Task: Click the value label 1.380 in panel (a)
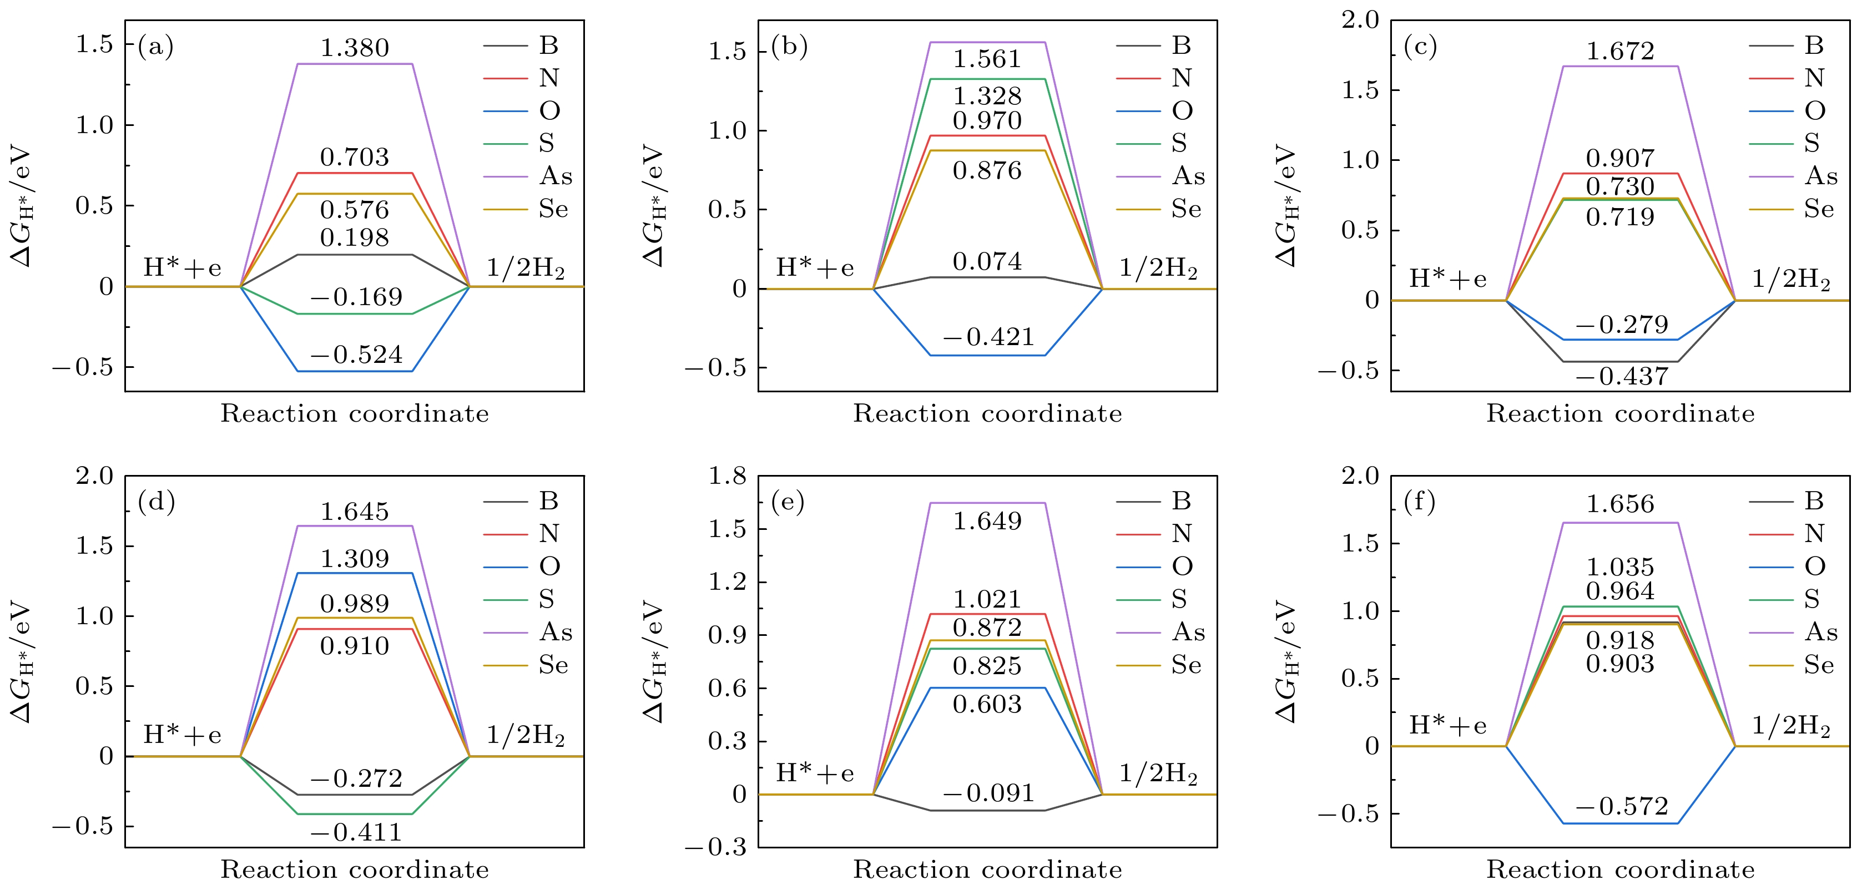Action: (x=354, y=48)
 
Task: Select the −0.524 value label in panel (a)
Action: (x=356, y=355)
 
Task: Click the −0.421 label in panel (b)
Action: (x=988, y=337)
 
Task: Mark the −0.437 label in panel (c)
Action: (x=1622, y=376)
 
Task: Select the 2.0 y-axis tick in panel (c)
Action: (x=1360, y=20)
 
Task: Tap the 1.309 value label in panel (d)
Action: (x=354, y=559)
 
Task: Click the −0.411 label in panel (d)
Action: (x=356, y=833)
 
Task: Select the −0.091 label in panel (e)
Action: (x=988, y=793)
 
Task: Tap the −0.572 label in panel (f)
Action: (x=1622, y=806)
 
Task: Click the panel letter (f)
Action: (x=1420, y=501)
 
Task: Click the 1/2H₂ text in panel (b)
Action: (x=1158, y=269)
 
